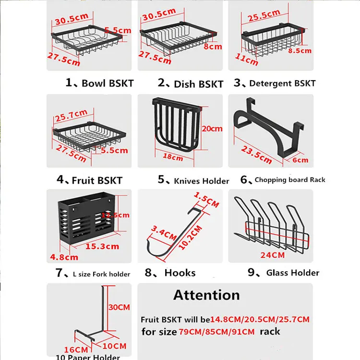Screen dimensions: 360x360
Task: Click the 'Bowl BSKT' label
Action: [x=107, y=83]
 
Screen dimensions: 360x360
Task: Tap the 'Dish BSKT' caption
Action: [x=198, y=84]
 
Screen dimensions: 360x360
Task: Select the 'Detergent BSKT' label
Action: [x=282, y=83]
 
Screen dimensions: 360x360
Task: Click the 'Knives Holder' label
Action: [x=201, y=180]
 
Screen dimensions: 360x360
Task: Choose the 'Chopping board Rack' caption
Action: [x=290, y=180]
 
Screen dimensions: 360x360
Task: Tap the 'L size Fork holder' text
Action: [x=101, y=274]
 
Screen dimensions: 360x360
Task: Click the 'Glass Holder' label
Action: [x=292, y=273]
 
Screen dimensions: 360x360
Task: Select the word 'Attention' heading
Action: [x=206, y=294]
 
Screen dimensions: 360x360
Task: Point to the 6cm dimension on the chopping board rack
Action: [x=300, y=160]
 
